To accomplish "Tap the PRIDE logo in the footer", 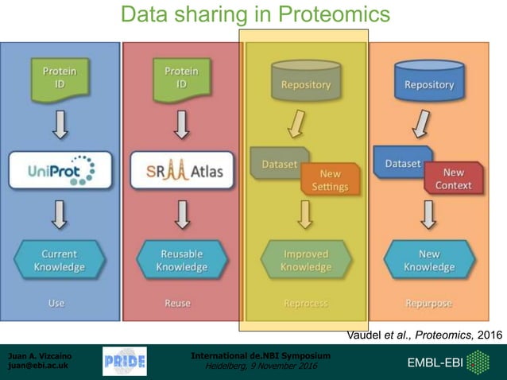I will tap(125, 363).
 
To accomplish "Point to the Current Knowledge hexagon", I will tap(60, 260).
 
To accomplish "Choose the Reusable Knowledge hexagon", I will tap(182, 260).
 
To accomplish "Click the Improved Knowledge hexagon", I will tap(306, 260).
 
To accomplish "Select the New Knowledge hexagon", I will tap(429, 260).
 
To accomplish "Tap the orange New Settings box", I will tap(330, 179).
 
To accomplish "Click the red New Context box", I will tap(453, 178).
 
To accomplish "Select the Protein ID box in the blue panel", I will tap(60, 78).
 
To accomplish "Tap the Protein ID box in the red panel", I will tap(182, 78).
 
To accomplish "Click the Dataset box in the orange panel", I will tap(403, 163).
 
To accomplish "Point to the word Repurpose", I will tap(429, 303).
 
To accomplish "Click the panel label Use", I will tap(56, 303).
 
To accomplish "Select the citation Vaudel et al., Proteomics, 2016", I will tap(425, 335).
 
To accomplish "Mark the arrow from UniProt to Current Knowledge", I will tap(60, 213).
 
